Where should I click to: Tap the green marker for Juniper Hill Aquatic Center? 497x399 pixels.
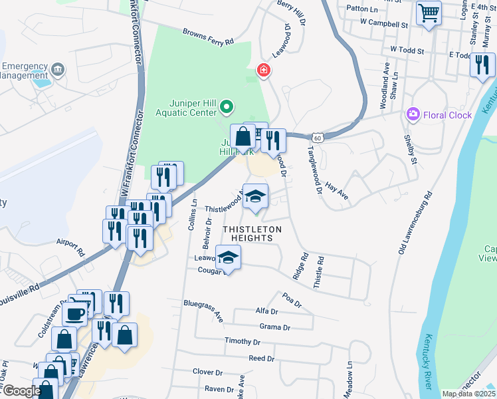click(x=227, y=106)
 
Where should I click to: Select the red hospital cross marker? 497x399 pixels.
click(x=264, y=70)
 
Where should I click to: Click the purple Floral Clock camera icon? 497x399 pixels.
click(x=414, y=115)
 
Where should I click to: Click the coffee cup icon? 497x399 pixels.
click(x=76, y=313)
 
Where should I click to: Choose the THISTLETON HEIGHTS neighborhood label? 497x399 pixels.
click(x=252, y=229)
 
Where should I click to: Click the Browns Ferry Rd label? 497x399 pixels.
click(x=209, y=37)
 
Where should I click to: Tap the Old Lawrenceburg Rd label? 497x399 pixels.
click(x=414, y=223)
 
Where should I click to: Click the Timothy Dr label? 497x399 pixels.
click(x=242, y=341)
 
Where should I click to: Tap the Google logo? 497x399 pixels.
click(x=22, y=391)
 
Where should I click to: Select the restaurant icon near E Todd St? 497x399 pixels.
click(x=482, y=65)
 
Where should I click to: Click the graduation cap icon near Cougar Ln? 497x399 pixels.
click(x=228, y=258)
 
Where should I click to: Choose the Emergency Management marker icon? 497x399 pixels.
click(x=58, y=69)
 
